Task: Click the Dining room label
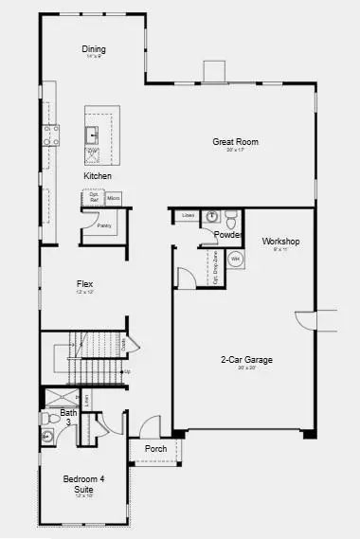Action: [93, 49]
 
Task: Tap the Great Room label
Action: [235, 142]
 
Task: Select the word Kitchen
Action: [98, 176]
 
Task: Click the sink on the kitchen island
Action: [93, 133]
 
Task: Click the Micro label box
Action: [113, 198]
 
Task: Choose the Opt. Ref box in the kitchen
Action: [94, 198]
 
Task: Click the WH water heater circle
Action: [236, 258]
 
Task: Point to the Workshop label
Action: [280, 242]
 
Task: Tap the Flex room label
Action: [85, 283]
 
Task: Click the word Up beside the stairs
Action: [127, 371]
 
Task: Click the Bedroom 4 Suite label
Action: [83, 484]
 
